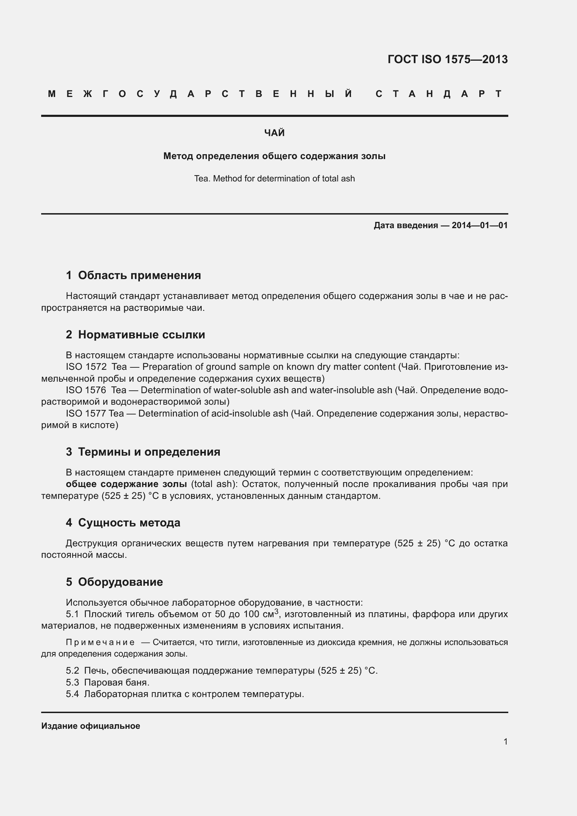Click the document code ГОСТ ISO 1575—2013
[x=447, y=59]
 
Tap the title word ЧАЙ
[x=274, y=133]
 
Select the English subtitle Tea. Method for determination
[x=274, y=178]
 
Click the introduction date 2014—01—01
[x=479, y=225]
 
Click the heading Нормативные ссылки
[x=141, y=335]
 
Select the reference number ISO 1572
[x=86, y=367]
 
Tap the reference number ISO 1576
[x=86, y=390]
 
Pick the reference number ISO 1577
[x=86, y=413]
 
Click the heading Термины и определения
[x=149, y=452]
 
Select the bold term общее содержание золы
[x=126, y=484]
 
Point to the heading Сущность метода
[x=129, y=523]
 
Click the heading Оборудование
[x=120, y=582]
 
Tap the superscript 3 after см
[x=276, y=611]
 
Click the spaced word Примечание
[x=100, y=642]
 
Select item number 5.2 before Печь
[x=72, y=671]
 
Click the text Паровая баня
[x=117, y=682]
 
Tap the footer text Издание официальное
[x=91, y=726]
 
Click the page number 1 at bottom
[x=505, y=741]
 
